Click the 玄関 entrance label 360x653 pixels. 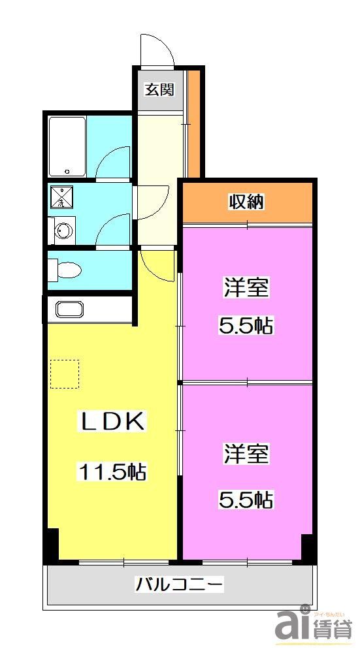coord(159,89)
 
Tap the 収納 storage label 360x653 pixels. coord(246,202)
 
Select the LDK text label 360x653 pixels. coord(112,421)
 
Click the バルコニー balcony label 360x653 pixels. coord(179,584)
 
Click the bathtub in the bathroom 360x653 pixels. coord(67,146)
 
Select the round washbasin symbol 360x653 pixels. coord(63,230)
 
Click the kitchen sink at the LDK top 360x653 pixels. coord(69,309)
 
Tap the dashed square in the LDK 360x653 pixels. coord(65,374)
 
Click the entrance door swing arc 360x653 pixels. coord(157,49)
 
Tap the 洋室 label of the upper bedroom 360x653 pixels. coord(247,288)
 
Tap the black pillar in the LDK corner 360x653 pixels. coord(52,546)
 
